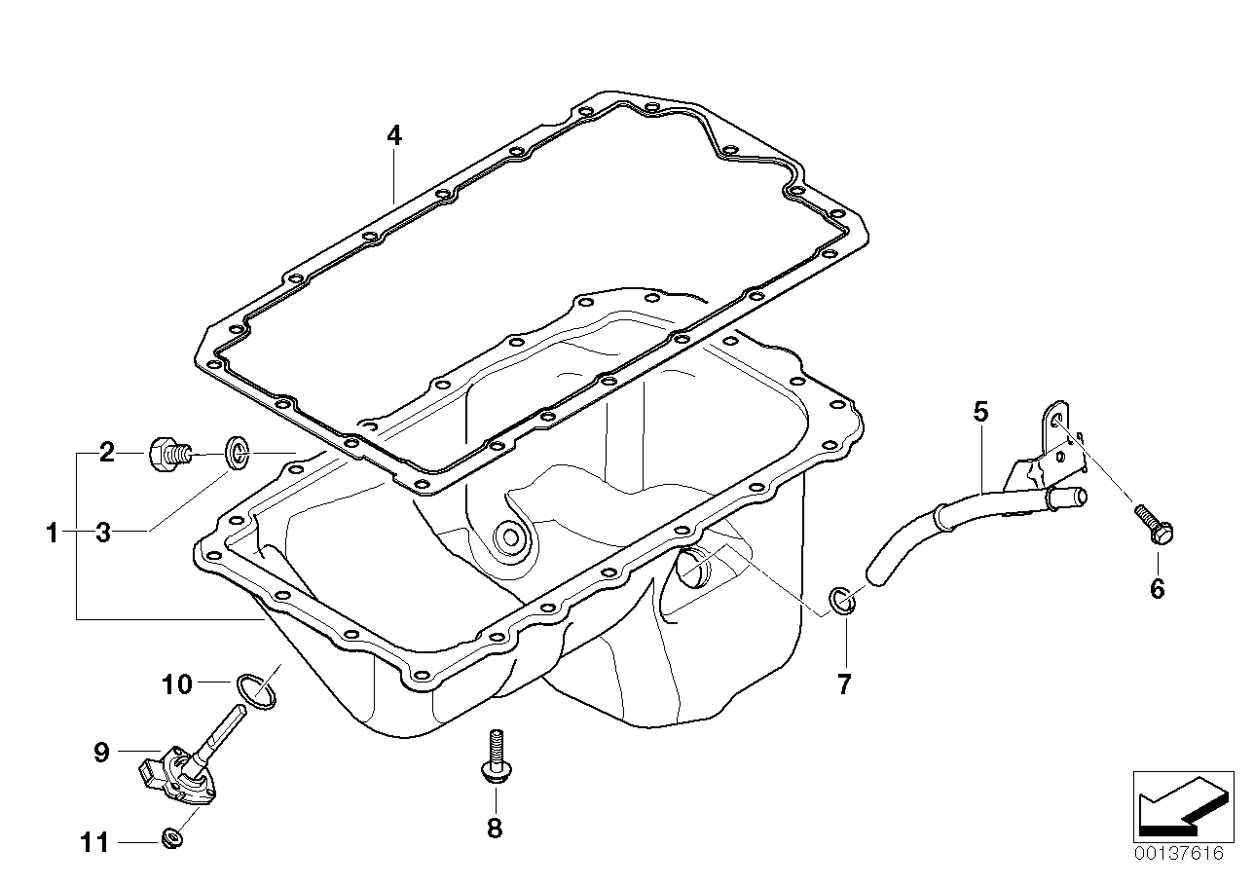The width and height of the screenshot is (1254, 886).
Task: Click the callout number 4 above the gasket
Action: [x=394, y=136]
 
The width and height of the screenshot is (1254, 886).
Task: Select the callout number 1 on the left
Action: [x=52, y=533]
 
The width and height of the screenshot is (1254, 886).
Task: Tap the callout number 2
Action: [x=107, y=452]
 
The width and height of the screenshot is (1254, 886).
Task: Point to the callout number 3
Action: [x=103, y=533]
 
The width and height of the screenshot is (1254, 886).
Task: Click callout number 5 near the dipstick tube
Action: [x=980, y=412]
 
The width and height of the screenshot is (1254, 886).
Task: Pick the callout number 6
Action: [x=1158, y=589]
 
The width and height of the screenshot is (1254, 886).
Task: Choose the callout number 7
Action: [x=844, y=683]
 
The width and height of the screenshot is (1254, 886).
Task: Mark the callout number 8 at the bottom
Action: [x=495, y=828]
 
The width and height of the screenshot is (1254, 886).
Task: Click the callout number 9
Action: [x=101, y=753]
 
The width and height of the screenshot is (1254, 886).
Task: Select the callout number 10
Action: [x=177, y=684]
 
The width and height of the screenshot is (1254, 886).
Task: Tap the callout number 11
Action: [x=94, y=843]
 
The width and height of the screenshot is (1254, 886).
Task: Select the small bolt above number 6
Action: [x=1154, y=525]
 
